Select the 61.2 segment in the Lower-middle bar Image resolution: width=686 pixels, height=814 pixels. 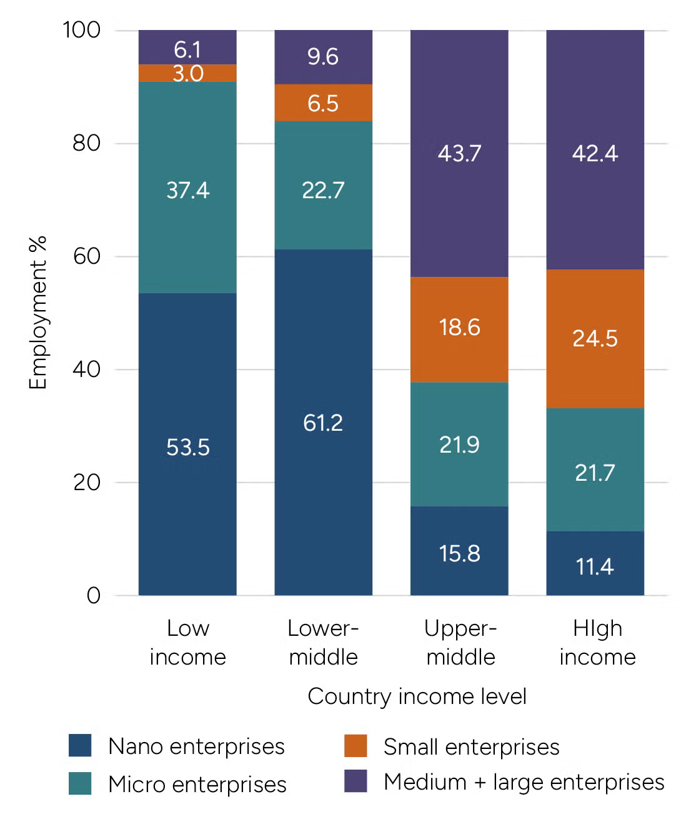323,422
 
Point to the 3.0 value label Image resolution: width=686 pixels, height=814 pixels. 188,74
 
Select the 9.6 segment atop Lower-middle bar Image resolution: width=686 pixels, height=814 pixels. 323,57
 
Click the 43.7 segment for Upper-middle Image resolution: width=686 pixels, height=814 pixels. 459,153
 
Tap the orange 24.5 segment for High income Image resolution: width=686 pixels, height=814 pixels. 595,338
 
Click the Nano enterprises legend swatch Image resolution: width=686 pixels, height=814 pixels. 80,745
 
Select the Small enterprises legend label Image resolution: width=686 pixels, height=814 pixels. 471,746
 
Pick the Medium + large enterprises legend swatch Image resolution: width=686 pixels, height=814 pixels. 355,781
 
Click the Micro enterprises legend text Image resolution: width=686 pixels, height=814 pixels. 197,784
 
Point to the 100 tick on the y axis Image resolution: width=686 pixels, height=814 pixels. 81,29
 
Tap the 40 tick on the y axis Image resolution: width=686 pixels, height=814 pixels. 86,369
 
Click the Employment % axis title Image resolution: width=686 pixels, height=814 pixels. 38,313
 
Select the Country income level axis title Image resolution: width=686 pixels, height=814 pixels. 417,696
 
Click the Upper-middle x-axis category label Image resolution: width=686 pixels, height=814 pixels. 460,642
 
